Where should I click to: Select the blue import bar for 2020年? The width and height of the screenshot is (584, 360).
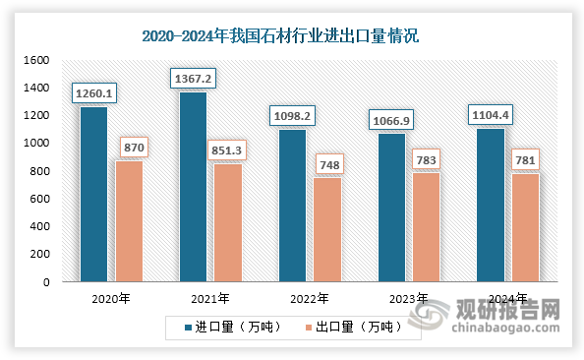click(x=94, y=195)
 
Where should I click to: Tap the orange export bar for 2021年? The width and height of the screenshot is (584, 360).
click(x=227, y=222)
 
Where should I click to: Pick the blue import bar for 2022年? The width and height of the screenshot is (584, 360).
click(x=292, y=206)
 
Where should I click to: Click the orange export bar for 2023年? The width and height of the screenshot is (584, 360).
click(x=426, y=227)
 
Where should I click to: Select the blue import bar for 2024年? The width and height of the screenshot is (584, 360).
click(x=491, y=205)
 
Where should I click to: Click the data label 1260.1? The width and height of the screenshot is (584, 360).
click(x=95, y=93)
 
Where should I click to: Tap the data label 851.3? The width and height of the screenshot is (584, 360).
click(x=227, y=150)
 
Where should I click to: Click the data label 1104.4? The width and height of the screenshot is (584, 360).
click(x=491, y=115)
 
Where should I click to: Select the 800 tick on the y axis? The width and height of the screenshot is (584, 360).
click(x=38, y=171)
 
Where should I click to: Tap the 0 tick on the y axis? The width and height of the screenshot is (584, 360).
click(x=45, y=282)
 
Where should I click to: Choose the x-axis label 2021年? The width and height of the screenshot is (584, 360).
click(x=210, y=298)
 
